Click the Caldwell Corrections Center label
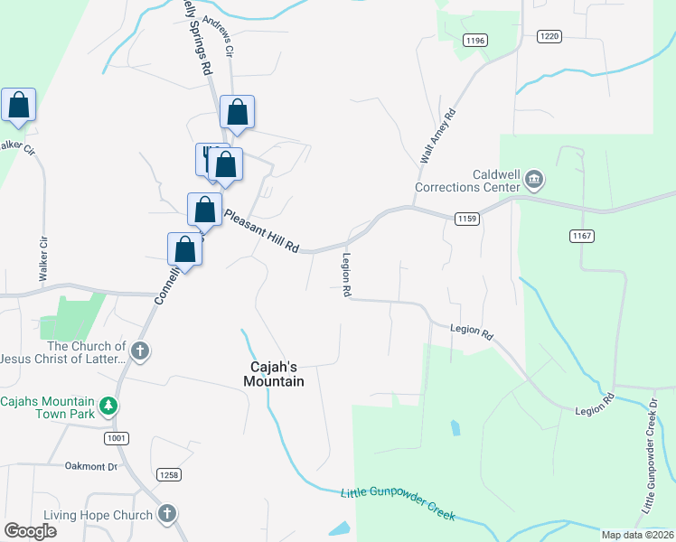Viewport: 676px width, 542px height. coord(466,181)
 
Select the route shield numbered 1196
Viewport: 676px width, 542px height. coord(475,40)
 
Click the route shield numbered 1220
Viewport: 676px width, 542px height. coord(549,36)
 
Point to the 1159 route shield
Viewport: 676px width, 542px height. coord(467,219)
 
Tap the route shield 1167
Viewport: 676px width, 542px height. coord(582,236)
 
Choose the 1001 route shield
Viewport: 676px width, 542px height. coord(116,438)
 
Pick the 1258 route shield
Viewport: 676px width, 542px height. coord(168,474)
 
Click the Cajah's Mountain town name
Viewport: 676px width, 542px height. coord(274,374)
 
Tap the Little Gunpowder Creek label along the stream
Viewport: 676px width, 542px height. coord(398,505)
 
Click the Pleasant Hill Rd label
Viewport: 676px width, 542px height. coord(261,232)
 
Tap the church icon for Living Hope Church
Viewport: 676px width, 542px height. coord(165,514)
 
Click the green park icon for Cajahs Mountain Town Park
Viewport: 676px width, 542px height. coord(108,405)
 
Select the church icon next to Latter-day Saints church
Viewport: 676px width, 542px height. coord(139,350)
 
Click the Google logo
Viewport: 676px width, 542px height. coord(31,531)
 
